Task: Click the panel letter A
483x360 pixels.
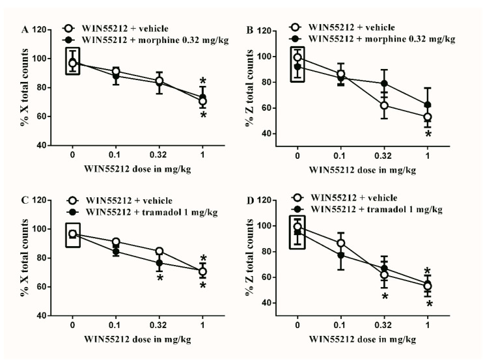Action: (x=25, y=29)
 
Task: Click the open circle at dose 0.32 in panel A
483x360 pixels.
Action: (x=159, y=81)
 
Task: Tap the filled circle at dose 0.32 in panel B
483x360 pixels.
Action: (x=384, y=84)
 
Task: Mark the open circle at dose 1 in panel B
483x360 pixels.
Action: (x=428, y=117)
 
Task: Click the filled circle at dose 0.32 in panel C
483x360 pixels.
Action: (x=159, y=263)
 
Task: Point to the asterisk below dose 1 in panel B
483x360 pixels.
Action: (x=428, y=135)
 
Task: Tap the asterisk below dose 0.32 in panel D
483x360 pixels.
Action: (x=384, y=297)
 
